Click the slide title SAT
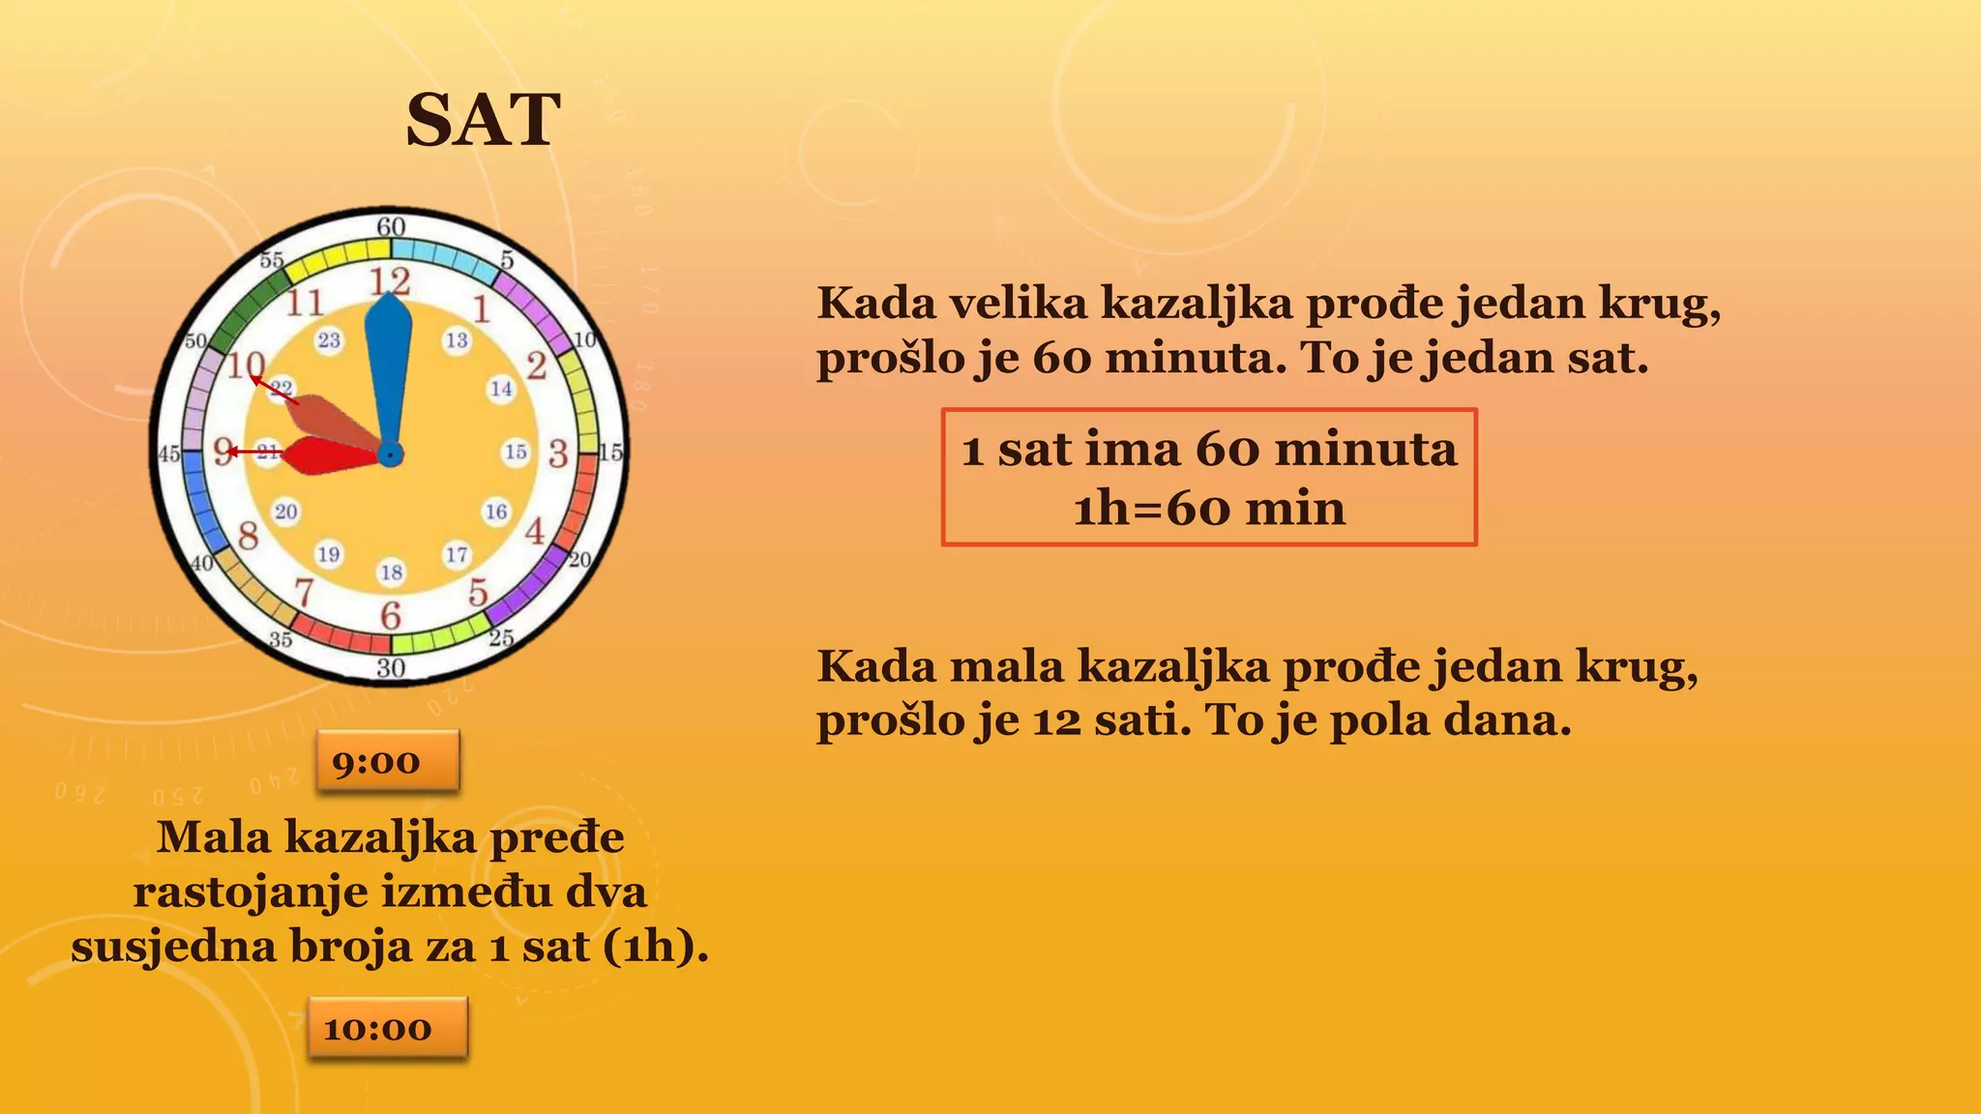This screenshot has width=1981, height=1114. pyautogui.click(x=483, y=121)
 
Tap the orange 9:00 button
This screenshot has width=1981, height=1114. pyautogui.click(x=387, y=762)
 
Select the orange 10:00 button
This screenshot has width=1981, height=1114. pyautogui.click(x=387, y=1029)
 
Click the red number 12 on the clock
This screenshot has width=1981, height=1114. pyautogui.click(x=390, y=281)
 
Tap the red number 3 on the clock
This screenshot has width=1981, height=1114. pyautogui.click(x=558, y=453)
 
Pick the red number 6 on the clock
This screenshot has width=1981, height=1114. pyautogui.click(x=391, y=615)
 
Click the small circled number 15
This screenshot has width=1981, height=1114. pyautogui.click(x=517, y=452)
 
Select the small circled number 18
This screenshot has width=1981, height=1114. pyautogui.click(x=391, y=572)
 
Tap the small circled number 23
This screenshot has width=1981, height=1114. pyautogui.click(x=329, y=340)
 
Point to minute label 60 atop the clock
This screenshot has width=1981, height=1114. pyautogui.click(x=391, y=227)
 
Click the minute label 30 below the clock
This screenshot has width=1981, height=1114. pyautogui.click(x=391, y=667)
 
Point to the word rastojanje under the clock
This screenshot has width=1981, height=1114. pyautogui.click(x=251, y=892)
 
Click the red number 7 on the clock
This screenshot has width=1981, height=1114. pyautogui.click(x=305, y=591)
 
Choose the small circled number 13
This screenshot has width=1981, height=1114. pyautogui.click(x=457, y=340)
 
